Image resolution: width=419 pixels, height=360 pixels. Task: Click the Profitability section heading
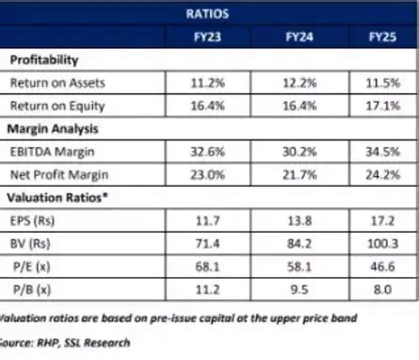click(44, 60)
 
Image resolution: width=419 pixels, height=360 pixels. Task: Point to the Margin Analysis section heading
click(54, 128)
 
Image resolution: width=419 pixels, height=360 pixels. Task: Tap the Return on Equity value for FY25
click(387, 106)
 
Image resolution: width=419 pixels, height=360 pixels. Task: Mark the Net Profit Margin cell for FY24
click(301, 173)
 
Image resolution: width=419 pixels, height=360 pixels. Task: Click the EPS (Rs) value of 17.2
click(387, 220)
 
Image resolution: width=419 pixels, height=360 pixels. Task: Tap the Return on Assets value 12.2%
click(301, 83)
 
